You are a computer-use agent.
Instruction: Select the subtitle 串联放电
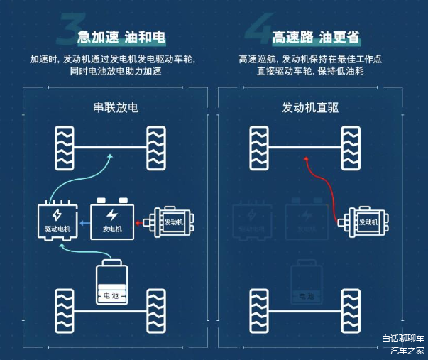point(116,108)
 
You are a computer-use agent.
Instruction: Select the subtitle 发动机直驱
point(310,108)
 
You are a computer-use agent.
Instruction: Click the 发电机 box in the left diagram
point(112,221)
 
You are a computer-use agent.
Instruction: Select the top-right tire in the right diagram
point(351,147)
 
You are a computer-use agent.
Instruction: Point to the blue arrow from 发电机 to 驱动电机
point(85,222)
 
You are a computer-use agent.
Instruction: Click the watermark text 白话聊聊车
point(403,339)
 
